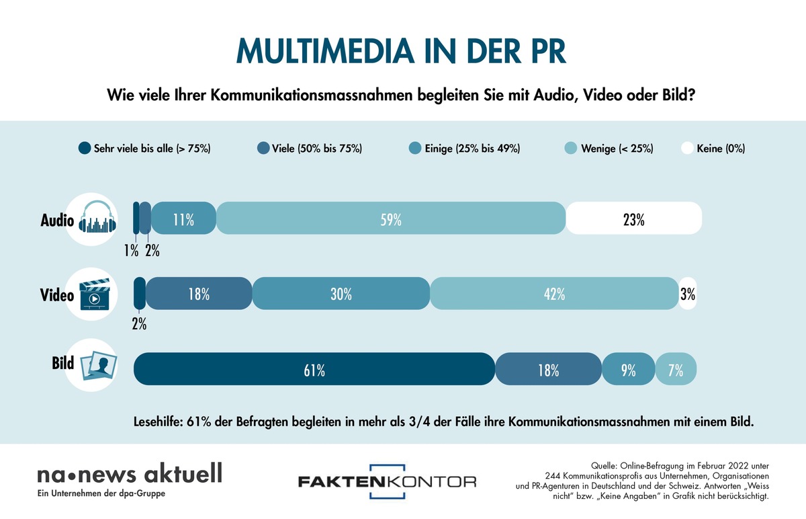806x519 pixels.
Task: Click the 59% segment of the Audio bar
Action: click(391, 218)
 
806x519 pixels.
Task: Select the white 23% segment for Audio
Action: click(633, 218)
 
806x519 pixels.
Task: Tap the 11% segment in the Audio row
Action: click(183, 218)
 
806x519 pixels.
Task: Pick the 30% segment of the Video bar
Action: click(341, 294)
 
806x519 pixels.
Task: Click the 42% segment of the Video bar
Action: click(554, 294)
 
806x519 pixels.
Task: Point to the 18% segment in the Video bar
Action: click(199, 294)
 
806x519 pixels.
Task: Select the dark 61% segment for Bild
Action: click(314, 369)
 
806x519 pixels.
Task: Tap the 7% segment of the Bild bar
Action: click(676, 369)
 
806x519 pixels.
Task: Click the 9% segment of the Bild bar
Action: click(628, 369)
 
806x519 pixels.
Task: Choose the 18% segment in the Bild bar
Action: click(548, 369)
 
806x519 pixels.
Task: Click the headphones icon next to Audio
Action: click(98, 219)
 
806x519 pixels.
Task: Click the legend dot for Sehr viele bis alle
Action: click(84, 149)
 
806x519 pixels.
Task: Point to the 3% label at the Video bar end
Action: click(687, 294)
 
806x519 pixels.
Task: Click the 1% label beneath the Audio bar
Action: click(130, 251)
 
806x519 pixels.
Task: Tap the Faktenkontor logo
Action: click(387, 481)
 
